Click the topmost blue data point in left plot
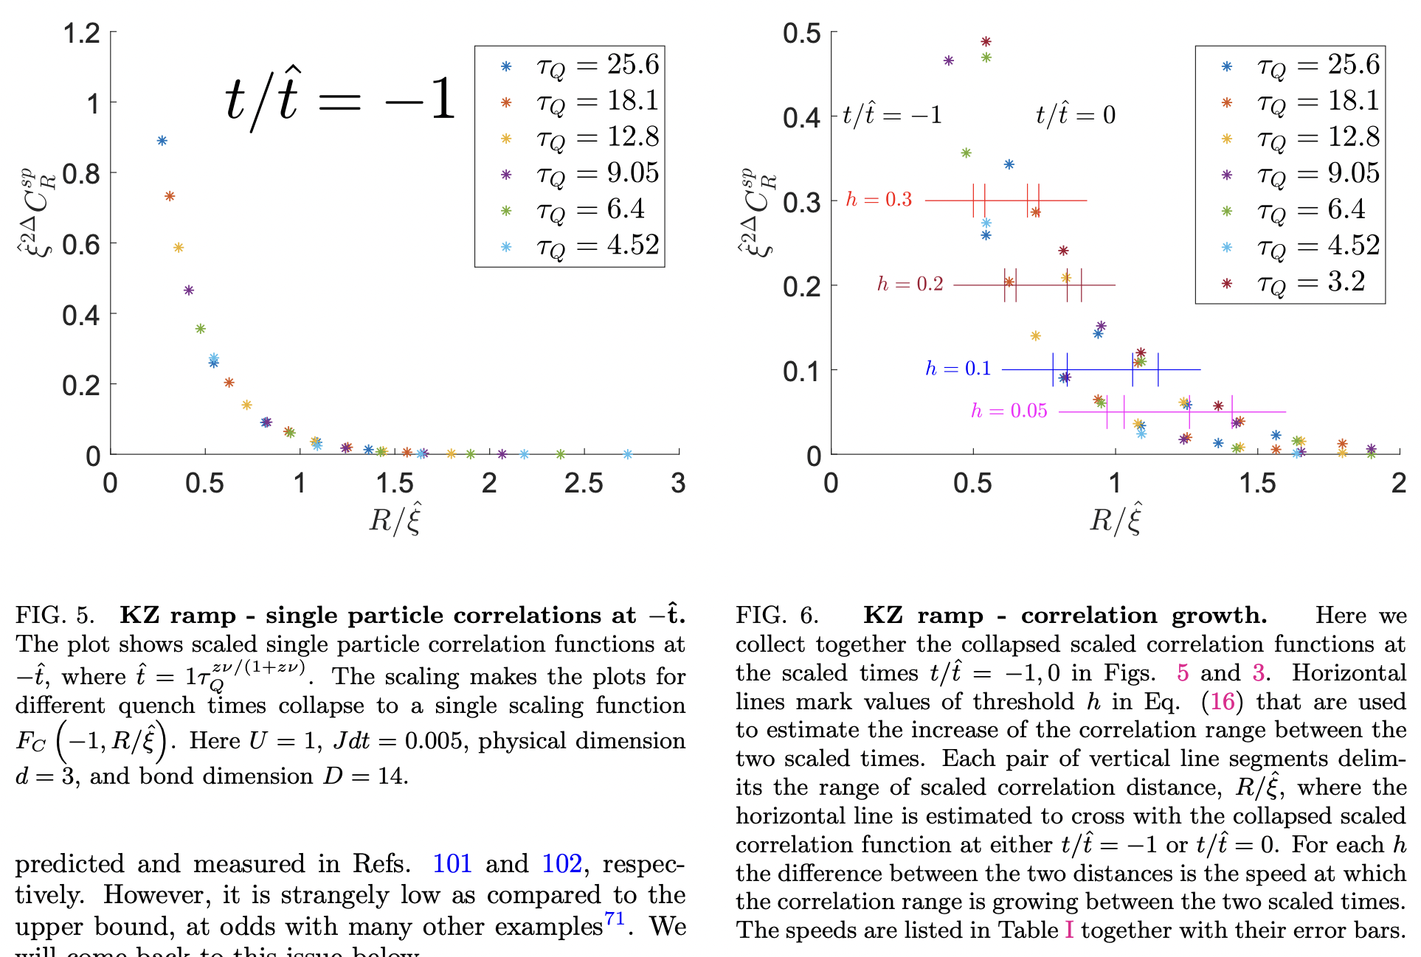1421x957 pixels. [162, 141]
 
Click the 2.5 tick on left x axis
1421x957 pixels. [584, 484]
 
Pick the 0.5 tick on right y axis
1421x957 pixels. [802, 33]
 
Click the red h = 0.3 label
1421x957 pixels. [879, 200]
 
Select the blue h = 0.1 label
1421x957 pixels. [958, 369]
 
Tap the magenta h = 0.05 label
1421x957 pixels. [1009, 411]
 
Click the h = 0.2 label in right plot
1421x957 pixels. [910, 285]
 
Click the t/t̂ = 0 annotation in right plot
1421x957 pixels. [1075, 115]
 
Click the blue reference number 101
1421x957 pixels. [452, 863]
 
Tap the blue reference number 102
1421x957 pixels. [561, 863]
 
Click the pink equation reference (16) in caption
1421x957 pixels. [1222, 701]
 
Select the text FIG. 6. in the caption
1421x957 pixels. [777, 616]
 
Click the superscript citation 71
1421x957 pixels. [615, 919]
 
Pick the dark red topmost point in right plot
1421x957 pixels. [986, 42]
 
